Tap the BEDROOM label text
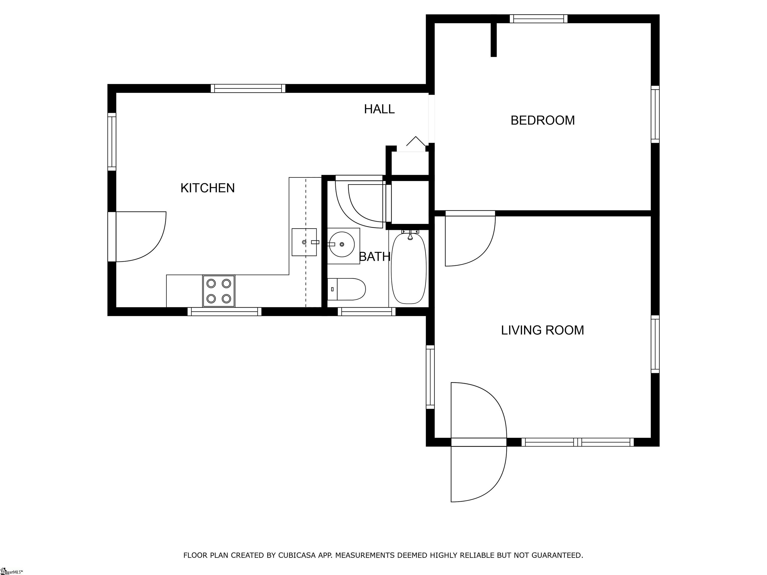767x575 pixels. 542,120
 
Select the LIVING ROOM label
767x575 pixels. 542,330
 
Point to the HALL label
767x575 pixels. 379,109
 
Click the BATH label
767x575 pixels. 375,257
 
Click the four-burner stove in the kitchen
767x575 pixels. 218,291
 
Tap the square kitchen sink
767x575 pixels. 304,242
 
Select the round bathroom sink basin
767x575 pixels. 342,244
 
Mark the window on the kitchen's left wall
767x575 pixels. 112,142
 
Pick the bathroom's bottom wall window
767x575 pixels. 367,312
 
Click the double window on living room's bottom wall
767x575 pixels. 577,442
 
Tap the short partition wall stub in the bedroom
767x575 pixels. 493,39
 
